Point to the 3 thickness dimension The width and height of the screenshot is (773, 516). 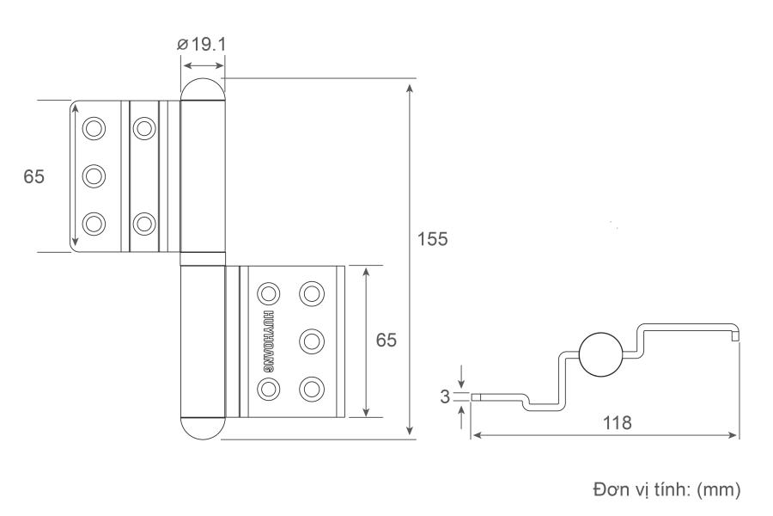coord(445,396)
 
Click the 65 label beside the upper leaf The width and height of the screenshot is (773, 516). coord(33,176)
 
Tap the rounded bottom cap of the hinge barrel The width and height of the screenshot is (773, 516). coord(203,427)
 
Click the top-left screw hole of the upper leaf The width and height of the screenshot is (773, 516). coord(93,130)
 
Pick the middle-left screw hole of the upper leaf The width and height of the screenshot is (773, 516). coord(93,176)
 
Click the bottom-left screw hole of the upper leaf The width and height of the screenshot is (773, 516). coord(93,223)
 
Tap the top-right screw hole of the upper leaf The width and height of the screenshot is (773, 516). coord(143,130)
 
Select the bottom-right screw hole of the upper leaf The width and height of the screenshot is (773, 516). coord(143,223)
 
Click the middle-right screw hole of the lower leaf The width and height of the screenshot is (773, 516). coord(310,341)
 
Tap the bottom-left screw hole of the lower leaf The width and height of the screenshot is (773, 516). coord(270,388)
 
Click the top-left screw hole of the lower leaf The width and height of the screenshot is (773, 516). coord(270,293)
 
